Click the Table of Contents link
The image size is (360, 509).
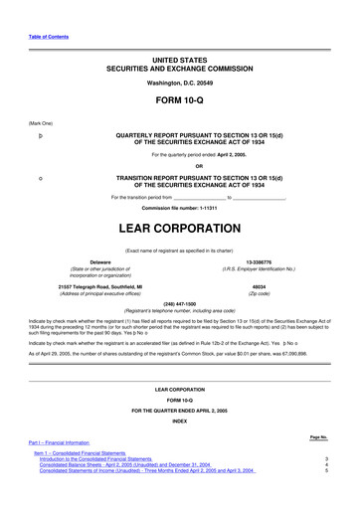48,36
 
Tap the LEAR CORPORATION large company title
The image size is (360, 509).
180,228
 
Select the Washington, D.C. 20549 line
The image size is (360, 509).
180,84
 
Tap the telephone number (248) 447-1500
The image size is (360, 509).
180,302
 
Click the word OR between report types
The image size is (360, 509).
180,166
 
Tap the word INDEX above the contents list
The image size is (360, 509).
180,421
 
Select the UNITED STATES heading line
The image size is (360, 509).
180,61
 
